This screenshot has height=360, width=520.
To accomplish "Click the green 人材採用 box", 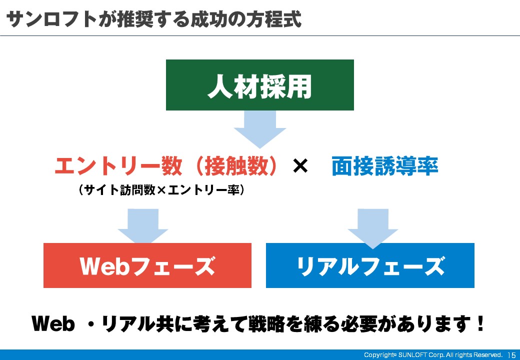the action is click(259, 85).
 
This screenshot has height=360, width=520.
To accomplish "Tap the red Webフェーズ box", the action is click(147, 265).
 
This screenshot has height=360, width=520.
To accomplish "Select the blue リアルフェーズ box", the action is click(370, 265).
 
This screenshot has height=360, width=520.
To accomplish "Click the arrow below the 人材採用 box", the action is click(260, 129).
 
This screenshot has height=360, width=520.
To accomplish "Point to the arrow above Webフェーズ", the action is click(143, 226).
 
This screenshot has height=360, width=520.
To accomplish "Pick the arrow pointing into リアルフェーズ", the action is click(373, 228).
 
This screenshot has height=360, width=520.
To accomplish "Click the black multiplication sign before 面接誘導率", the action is click(300, 165).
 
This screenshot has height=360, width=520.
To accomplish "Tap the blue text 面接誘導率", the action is click(384, 165).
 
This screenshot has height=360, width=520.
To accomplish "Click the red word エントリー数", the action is click(118, 165).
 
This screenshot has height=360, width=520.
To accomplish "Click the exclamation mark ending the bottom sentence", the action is click(480, 323).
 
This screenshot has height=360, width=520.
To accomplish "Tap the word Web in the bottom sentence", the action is click(53, 323).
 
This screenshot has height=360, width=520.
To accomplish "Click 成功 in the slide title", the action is click(208, 19).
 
